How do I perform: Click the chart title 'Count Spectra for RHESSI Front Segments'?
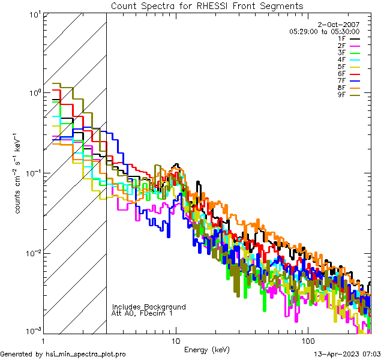[207, 6]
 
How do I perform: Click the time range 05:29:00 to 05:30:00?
[324, 31]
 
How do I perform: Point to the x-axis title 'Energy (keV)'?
[206, 349]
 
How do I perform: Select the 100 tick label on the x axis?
[307, 340]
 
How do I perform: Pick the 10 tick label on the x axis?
[175, 340]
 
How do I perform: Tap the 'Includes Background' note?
[149, 307]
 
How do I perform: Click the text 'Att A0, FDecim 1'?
[142, 314]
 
